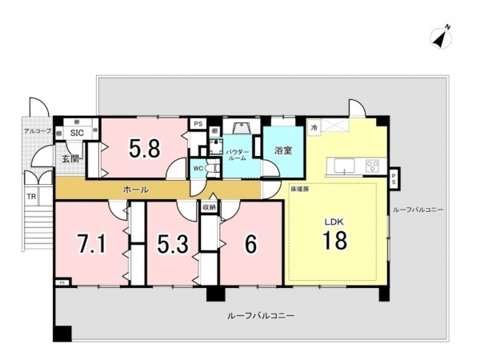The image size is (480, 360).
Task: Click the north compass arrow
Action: tap(439, 36)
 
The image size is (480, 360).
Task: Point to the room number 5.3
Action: tap(173, 243)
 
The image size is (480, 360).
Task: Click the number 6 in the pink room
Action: tap(250, 244)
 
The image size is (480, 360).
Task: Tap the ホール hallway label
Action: tap(134, 190)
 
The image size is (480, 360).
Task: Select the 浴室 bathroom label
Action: tap(282, 150)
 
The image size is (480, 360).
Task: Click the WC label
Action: tap(198, 168)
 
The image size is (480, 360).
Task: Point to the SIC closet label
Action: tap(78, 133)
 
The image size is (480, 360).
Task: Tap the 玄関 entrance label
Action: tap(70, 158)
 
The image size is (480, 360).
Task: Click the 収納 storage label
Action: tap(208, 206)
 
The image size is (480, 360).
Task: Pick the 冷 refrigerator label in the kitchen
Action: tap(314, 126)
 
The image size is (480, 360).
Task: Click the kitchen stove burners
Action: tap(372, 166)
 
